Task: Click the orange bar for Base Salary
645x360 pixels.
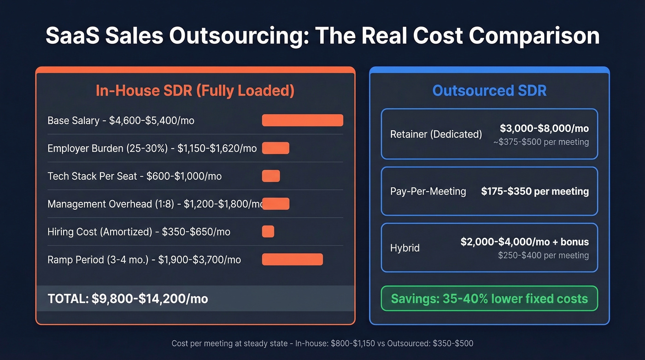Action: pos(302,120)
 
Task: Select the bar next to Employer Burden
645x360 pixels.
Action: pos(276,148)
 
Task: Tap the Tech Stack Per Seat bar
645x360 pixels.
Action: pos(271,176)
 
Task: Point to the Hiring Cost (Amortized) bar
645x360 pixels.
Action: pos(268,231)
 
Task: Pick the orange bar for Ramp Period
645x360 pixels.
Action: pos(292,260)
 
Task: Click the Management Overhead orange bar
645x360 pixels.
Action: pos(276,204)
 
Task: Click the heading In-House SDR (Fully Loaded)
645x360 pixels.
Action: pos(195,90)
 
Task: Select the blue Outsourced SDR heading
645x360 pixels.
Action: pos(489,90)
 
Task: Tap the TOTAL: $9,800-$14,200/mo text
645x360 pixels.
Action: pos(128,299)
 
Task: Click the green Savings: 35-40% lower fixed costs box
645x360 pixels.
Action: pos(489,299)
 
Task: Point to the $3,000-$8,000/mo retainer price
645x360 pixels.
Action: pos(544,129)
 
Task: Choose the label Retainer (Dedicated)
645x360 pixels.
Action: pos(436,134)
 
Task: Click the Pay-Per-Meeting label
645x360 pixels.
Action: pos(428,191)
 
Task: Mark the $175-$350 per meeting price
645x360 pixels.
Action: pos(535,191)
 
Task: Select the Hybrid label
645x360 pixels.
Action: pos(405,248)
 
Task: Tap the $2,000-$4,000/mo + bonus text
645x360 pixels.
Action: pos(524,242)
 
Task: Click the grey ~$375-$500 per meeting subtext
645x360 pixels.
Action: pos(540,142)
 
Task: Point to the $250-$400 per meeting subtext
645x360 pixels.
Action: pos(543,255)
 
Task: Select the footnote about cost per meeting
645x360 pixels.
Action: pos(322,343)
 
